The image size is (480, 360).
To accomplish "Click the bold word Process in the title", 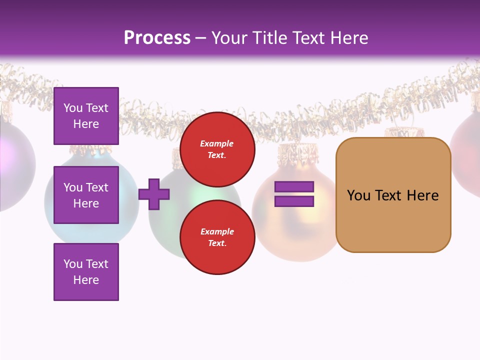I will click(157, 37).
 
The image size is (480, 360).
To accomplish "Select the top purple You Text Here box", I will click(86, 116).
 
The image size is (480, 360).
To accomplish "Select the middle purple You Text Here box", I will click(86, 195).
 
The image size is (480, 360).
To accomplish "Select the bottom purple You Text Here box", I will click(86, 272).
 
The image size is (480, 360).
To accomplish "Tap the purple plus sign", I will click(154, 194).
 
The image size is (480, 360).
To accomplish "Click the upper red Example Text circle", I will click(217, 149).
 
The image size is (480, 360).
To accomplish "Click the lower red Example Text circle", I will click(217, 237).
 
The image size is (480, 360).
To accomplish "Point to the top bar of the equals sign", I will click(294, 187).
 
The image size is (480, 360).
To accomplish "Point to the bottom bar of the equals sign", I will click(294, 201).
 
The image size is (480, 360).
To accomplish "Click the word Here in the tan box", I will click(422, 195).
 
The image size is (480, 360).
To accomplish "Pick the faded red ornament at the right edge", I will click(467, 150).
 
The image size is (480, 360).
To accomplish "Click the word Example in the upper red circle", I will click(217, 143).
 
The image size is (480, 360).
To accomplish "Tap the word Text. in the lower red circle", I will click(217, 243).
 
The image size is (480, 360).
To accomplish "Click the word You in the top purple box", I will click(72, 108).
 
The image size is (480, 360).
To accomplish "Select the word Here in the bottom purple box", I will click(86, 280).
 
